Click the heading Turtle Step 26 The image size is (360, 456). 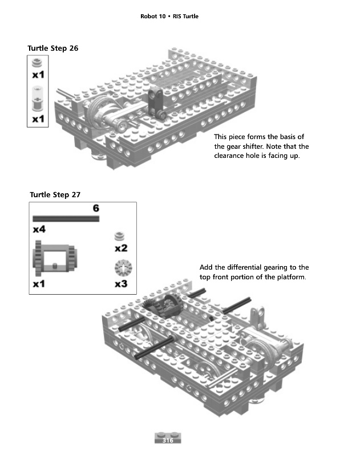click(x=53, y=48)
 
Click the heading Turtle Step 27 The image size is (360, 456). click(x=55, y=194)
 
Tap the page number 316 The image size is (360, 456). click(x=168, y=440)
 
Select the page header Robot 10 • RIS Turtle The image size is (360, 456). click(x=169, y=17)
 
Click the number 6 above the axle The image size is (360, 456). click(x=96, y=208)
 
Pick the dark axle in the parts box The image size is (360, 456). click(x=66, y=219)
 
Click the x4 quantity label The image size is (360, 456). click(x=39, y=230)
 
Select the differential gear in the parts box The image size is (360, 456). click(x=55, y=258)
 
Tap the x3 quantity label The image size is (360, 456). click(x=121, y=284)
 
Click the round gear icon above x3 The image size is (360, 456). click(x=123, y=268)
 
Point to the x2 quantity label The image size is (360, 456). click(x=121, y=249)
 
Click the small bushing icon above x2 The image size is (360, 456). click(x=119, y=236)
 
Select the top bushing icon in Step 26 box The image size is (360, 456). click(x=37, y=63)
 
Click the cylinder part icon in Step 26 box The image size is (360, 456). click(x=37, y=98)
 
